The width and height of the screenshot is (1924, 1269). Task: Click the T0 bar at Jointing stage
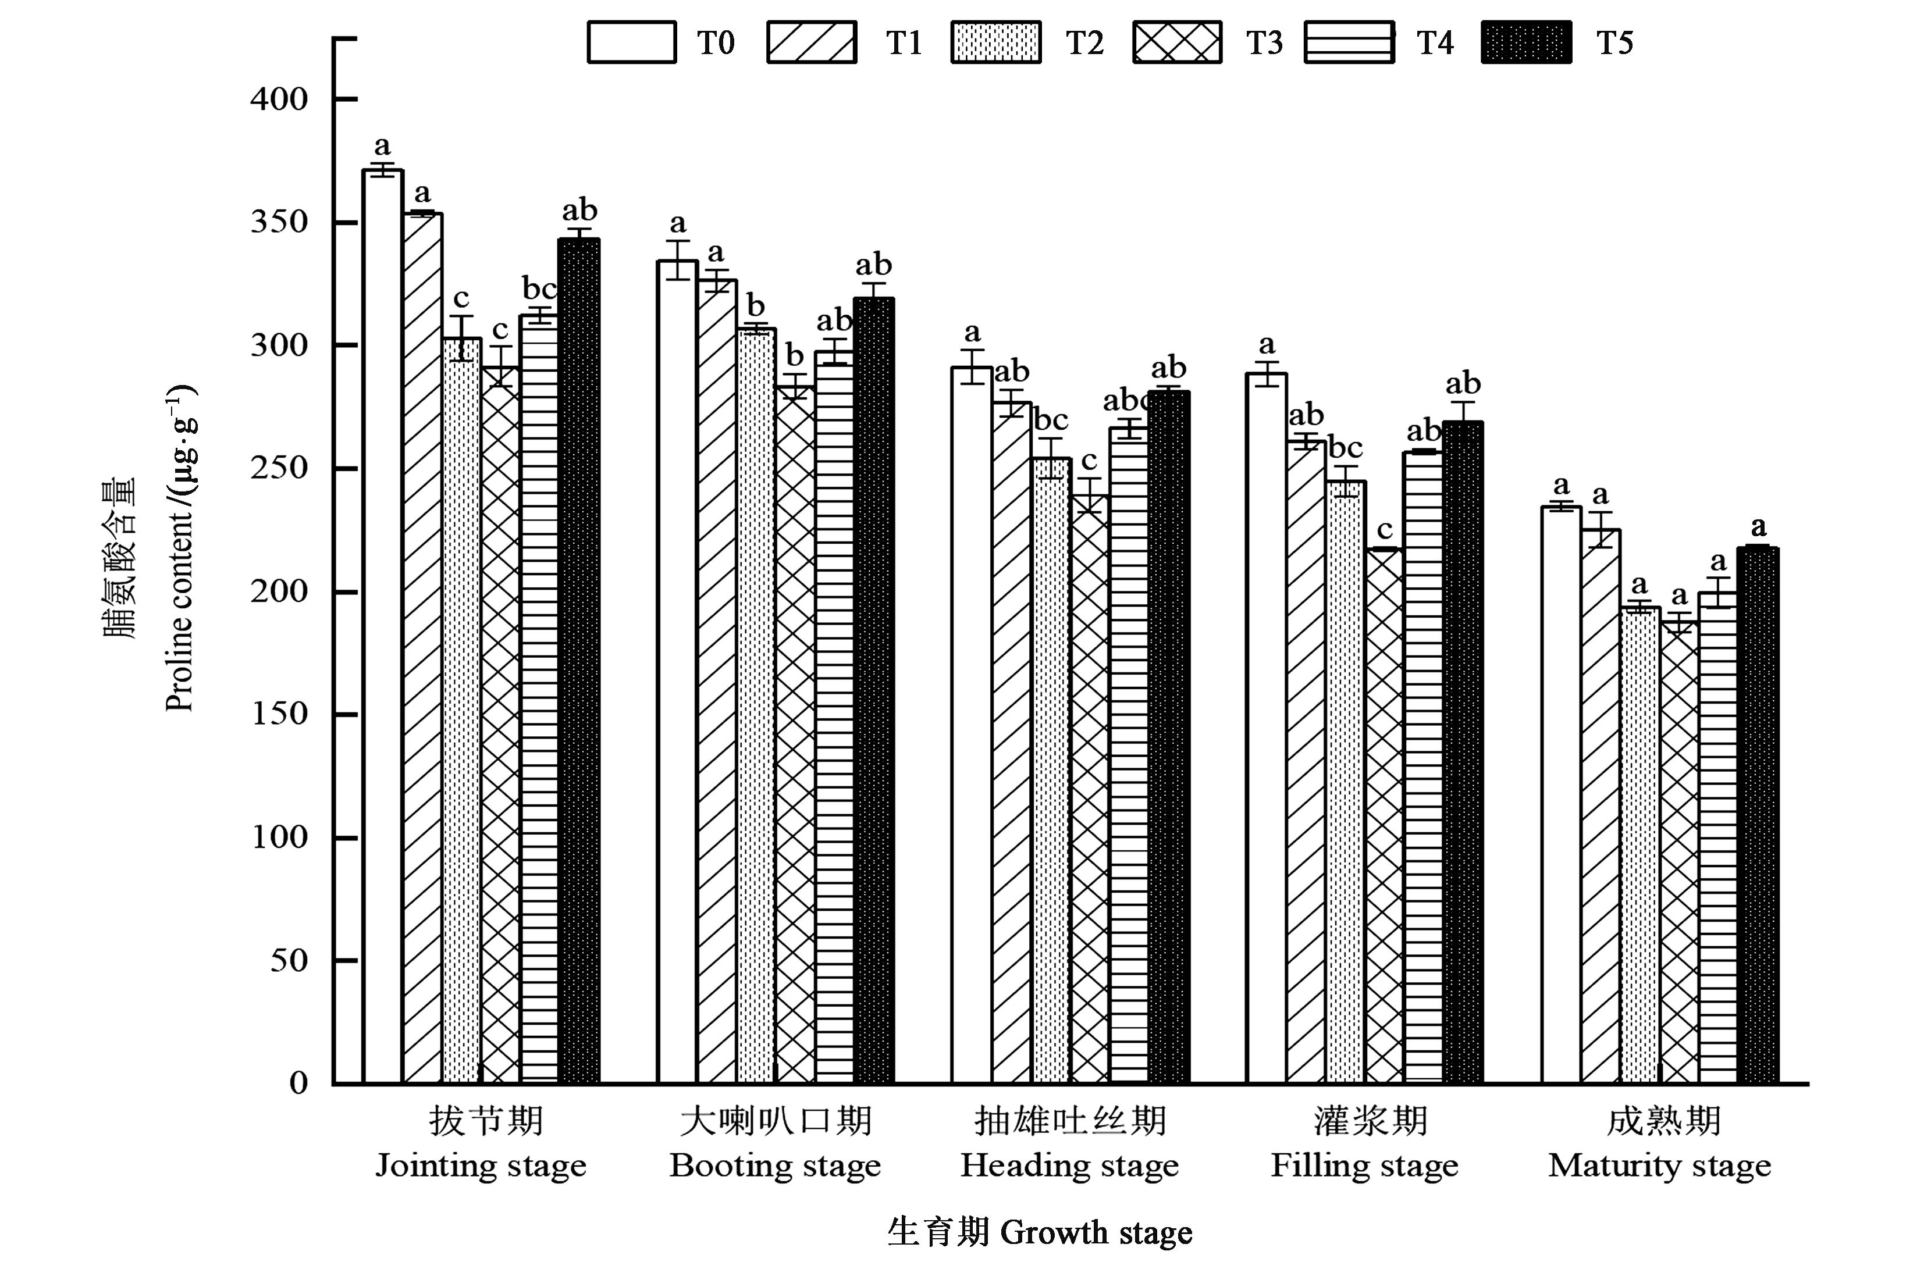[x=383, y=627]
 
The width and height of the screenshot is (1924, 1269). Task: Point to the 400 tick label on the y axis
[x=279, y=99]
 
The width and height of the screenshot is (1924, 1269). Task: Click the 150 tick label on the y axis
[x=279, y=714]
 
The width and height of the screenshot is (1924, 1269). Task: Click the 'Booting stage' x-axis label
[x=774, y=1166]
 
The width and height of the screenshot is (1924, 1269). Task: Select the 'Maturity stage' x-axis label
[x=1659, y=1166]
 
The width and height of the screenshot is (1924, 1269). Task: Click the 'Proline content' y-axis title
[x=180, y=550]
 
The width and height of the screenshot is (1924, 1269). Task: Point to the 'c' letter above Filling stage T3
[x=1385, y=530]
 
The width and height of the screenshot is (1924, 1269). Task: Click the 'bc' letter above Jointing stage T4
[x=539, y=289]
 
